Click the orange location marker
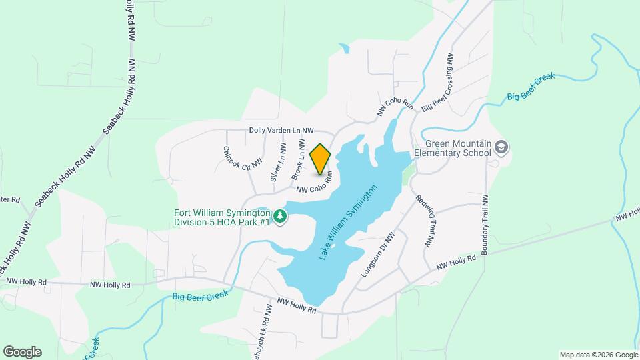pos(321,159)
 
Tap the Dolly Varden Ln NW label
pos(281,131)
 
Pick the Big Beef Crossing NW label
pos(438,84)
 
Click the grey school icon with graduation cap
pos(502,146)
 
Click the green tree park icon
pos(281,217)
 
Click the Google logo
pos(22,351)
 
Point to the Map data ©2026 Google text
pos(598,354)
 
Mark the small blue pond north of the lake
pos(344,48)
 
